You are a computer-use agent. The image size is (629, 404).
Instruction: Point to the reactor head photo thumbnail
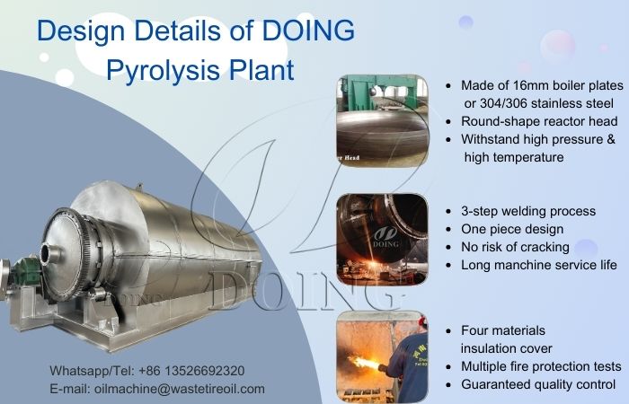click(x=382, y=122)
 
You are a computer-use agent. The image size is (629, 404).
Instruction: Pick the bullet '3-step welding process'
click(x=527, y=211)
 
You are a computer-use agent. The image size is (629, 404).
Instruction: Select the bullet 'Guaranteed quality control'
click(x=537, y=384)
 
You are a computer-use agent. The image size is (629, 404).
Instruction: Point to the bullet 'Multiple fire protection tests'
click(x=540, y=366)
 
